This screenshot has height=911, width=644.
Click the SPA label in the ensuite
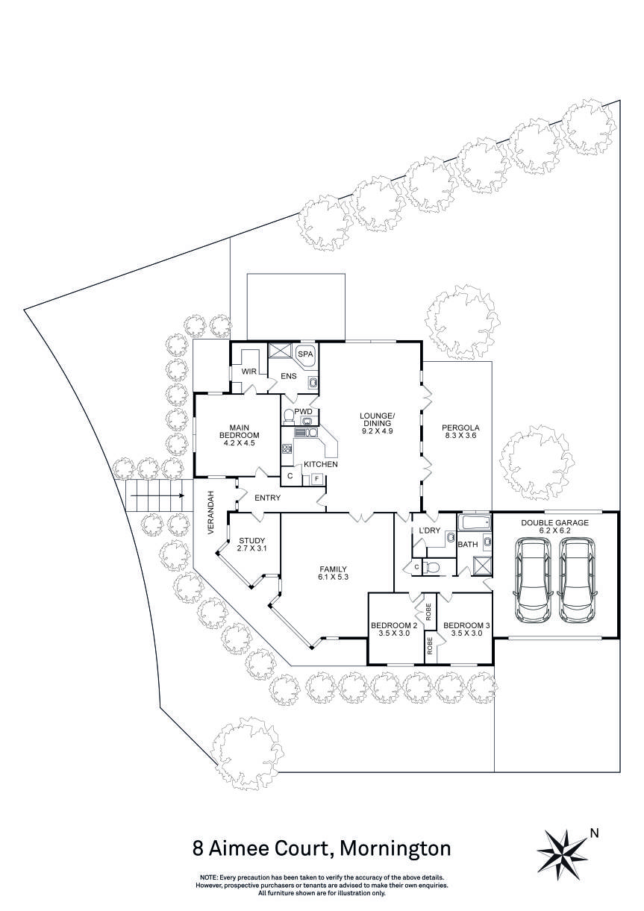pos(305,354)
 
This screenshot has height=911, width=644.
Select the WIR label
pos(248,370)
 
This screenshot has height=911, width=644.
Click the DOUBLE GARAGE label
pos(554,524)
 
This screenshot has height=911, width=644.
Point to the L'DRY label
pos(430,530)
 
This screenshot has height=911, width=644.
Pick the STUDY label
pos(251,541)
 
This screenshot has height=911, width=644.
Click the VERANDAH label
pos(212,512)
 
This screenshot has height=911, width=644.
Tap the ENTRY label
pos(267,498)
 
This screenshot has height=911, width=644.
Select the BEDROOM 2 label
pos(393,625)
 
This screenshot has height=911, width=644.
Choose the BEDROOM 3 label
pos(466,625)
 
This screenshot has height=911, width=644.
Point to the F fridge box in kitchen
pos(316,478)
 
